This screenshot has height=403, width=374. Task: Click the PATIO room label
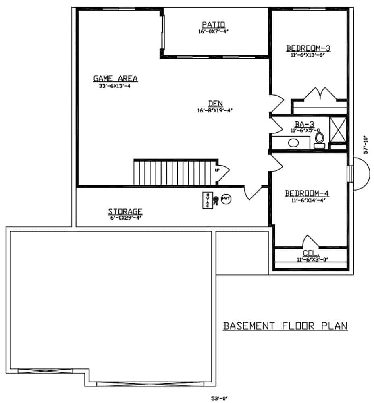(214, 24)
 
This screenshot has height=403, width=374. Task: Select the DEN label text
(216, 103)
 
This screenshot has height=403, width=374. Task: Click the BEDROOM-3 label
(308, 48)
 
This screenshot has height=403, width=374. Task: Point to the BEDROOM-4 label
(307, 193)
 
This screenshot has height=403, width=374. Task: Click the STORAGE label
(125, 211)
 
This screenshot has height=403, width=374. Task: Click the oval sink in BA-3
(293, 143)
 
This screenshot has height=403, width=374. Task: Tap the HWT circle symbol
(226, 199)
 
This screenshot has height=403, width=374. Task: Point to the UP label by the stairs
(218, 170)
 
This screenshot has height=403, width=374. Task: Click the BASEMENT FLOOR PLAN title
(285, 326)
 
